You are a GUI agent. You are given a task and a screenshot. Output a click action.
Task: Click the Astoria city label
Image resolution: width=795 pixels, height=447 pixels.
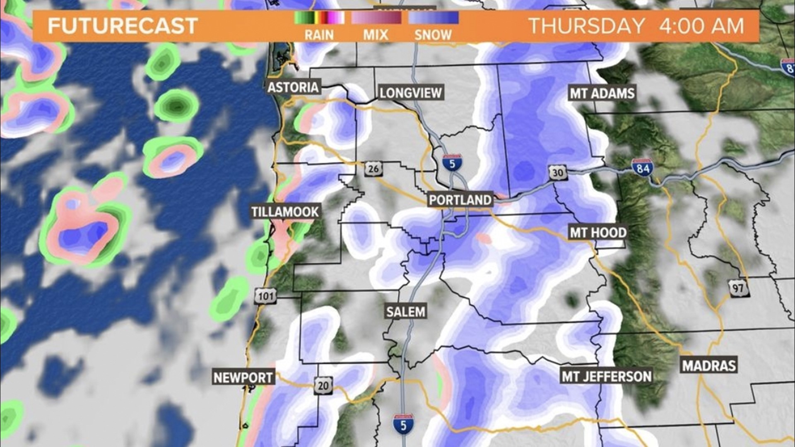293,87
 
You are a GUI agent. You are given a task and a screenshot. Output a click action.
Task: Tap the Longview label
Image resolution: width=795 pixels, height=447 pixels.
411,93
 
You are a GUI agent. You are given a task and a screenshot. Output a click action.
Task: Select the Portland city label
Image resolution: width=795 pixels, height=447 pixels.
460,200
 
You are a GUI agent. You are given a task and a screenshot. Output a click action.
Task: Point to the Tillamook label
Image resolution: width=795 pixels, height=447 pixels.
285,212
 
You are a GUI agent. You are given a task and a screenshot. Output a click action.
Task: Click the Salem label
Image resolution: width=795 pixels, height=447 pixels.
405,311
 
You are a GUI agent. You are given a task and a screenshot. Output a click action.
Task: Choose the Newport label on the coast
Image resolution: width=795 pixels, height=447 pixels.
243,377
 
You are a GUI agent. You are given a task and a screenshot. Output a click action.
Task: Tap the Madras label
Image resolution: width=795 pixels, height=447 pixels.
709,365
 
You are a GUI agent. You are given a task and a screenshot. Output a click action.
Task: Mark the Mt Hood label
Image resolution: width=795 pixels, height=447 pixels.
598,233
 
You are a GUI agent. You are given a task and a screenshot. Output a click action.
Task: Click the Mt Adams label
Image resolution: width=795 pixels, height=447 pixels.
602,93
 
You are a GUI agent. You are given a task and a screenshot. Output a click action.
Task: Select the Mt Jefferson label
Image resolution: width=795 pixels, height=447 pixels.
606,376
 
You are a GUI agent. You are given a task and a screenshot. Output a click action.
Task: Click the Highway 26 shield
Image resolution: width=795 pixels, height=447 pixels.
373,168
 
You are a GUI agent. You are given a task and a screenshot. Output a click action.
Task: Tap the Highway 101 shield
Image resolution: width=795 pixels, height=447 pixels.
265,296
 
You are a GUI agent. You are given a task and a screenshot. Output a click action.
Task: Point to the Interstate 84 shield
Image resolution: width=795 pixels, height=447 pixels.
643,168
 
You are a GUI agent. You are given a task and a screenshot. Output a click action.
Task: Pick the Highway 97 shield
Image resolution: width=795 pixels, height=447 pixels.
737,288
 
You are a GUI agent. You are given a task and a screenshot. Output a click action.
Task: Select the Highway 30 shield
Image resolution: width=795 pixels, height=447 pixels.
558,172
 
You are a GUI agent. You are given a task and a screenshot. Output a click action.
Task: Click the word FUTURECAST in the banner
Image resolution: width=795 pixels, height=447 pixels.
123,26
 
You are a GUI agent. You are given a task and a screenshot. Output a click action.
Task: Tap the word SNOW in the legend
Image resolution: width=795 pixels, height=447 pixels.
433,35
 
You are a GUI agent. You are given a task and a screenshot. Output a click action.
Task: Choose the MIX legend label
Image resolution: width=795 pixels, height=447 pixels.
376,35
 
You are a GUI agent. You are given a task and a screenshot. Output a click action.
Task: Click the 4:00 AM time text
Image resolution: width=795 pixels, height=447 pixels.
701,26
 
